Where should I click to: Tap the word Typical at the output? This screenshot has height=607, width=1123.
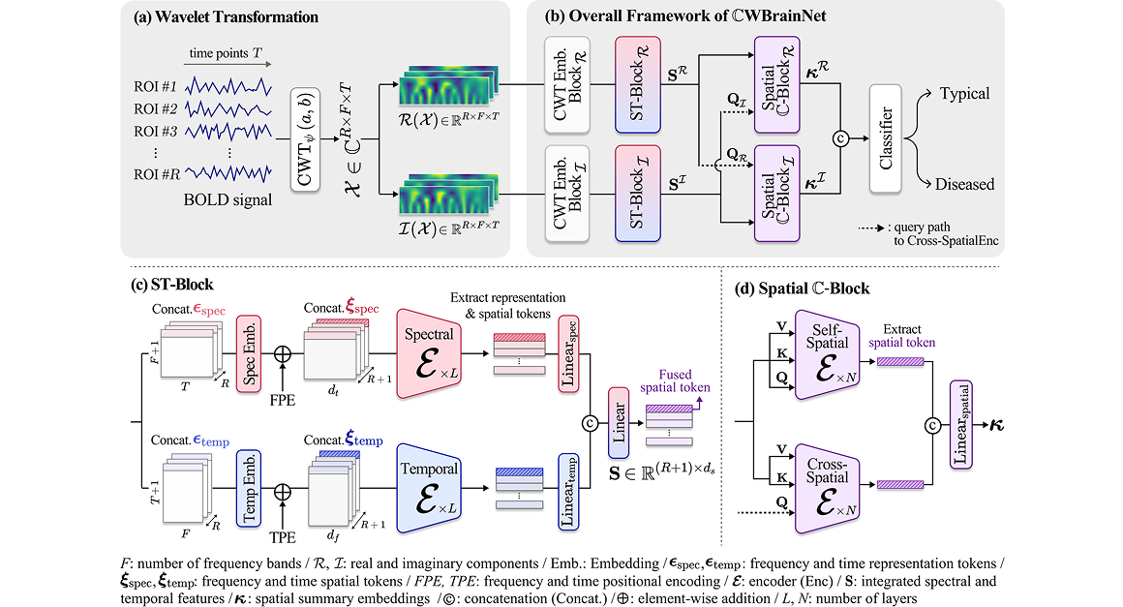pos(964,94)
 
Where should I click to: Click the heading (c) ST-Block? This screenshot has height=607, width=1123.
pos(172,286)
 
